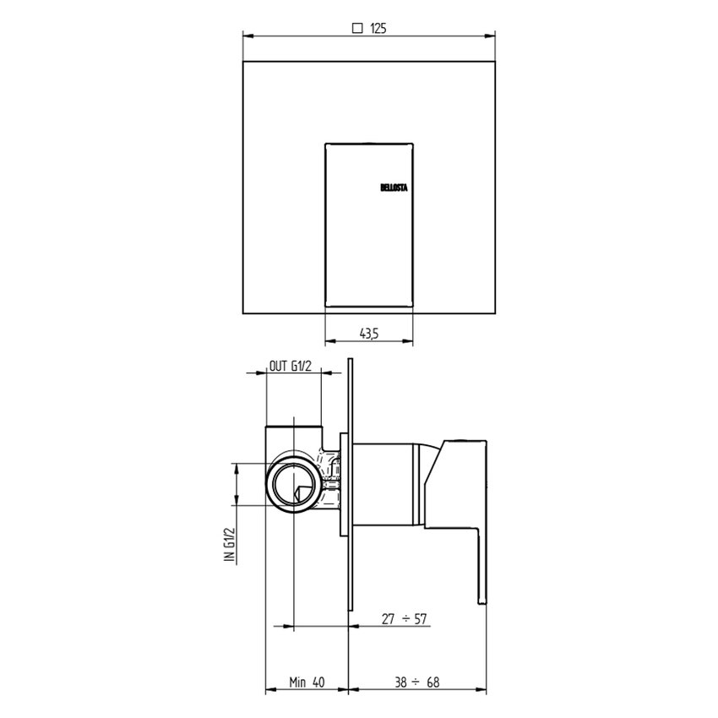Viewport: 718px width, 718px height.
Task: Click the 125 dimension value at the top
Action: coord(378,28)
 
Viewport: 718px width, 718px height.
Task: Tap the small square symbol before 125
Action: coord(357,28)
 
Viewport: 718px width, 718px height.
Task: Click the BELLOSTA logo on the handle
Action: coord(393,188)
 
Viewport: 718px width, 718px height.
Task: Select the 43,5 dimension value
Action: coord(369,334)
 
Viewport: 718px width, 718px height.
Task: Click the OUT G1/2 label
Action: coord(292,366)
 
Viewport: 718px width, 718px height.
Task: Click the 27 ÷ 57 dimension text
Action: coord(405,619)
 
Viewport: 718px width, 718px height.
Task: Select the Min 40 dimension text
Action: coord(307,682)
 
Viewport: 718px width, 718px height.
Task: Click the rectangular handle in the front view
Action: coord(369,223)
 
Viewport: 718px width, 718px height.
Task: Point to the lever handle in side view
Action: coord(460,507)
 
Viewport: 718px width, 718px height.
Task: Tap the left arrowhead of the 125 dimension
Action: coord(247,35)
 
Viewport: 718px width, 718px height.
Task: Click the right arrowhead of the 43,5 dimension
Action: coord(410,342)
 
